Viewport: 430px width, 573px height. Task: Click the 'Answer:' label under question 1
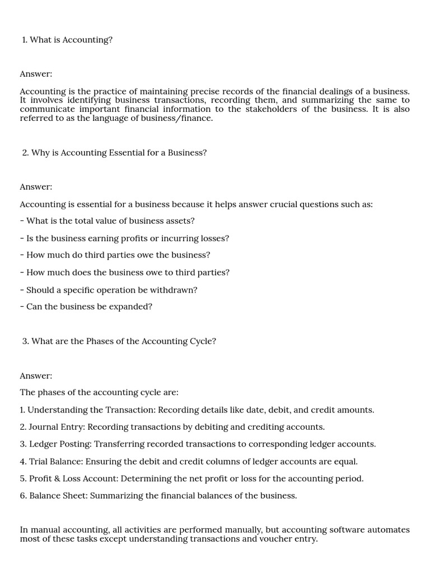click(x=36, y=74)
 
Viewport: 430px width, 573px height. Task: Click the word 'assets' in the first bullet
click(x=181, y=221)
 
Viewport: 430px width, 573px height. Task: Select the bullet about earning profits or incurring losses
click(x=124, y=238)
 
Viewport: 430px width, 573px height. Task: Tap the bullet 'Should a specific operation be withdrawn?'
click(x=109, y=290)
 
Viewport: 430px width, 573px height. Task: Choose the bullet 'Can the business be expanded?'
click(x=86, y=307)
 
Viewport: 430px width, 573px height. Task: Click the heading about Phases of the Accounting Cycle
click(x=119, y=341)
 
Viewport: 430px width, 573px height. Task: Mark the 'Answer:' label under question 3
click(x=36, y=376)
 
